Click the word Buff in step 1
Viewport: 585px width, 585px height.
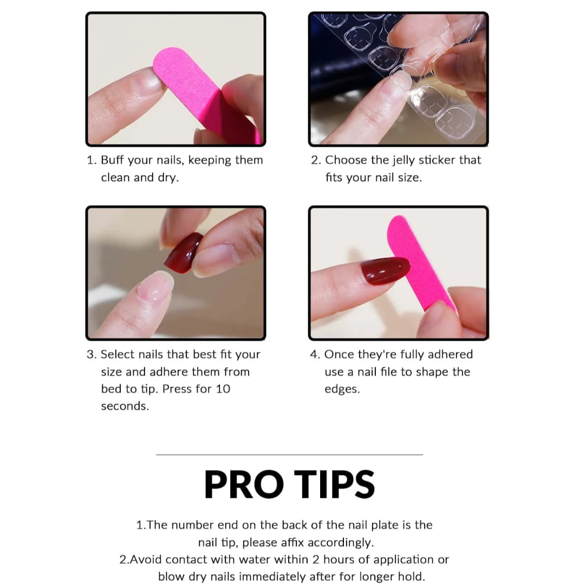click(x=112, y=160)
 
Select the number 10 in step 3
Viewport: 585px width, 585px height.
click(x=223, y=389)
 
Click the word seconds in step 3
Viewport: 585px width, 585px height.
click(x=125, y=406)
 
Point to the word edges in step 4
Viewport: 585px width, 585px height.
click(x=342, y=389)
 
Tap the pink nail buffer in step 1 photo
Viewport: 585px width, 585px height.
click(x=203, y=93)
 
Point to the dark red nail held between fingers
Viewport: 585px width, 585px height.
click(x=183, y=252)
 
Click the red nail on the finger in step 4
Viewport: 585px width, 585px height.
click(x=385, y=270)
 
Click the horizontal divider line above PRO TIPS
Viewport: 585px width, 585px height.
click(x=289, y=455)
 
